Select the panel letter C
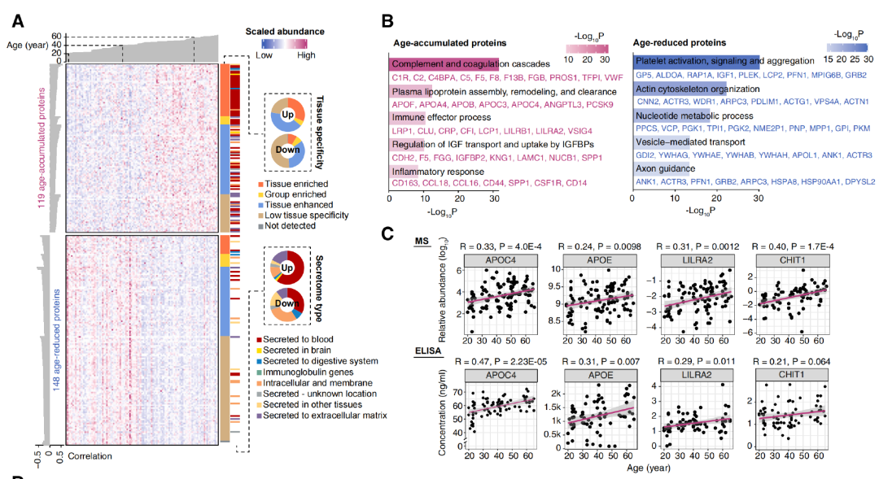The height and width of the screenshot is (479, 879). click(x=388, y=233)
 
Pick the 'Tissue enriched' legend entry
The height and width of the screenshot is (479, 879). click(x=286, y=186)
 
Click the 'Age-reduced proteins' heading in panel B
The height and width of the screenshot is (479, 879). click(x=680, y=42)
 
